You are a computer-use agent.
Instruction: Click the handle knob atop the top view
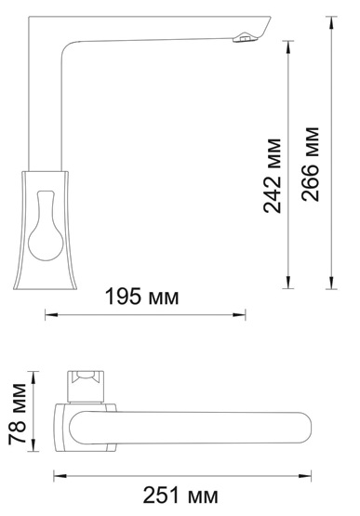point(87,381)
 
